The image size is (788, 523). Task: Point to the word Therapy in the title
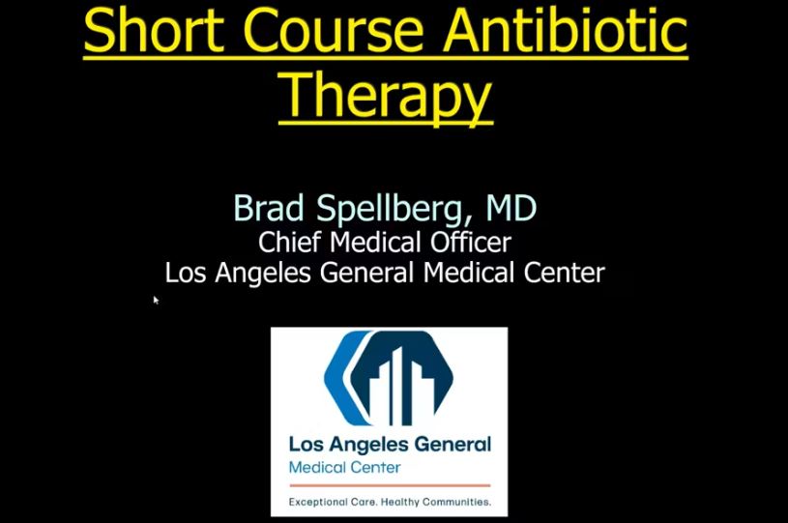pos(385,97)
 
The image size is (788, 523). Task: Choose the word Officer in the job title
pos(473,242)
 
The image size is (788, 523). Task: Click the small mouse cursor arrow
pos(156,300)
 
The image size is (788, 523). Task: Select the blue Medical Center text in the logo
pos(344,468)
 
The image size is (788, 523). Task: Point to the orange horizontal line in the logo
pos(389,484)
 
